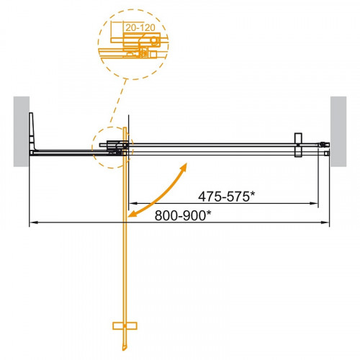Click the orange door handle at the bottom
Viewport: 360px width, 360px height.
pos(125,326)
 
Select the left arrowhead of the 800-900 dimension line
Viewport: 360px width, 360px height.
pos(32,224)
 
